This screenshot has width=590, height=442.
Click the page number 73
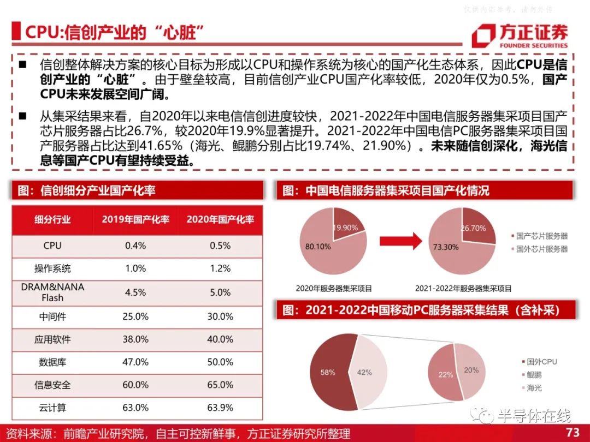coord(573,432)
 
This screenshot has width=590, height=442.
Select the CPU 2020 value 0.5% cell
coord(220,246)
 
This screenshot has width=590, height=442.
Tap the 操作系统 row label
coord(52,268)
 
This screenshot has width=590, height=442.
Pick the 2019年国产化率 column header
coord(135,219)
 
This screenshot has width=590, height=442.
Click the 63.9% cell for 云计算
coord(220,408)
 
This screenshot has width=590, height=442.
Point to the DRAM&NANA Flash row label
coord(52,292)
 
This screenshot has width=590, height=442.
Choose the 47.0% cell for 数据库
coord(135,362)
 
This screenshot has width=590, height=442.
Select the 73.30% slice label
coord(446,247)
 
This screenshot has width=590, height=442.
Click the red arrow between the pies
coord(401,241)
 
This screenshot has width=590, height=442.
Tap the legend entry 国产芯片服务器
coord(539,236)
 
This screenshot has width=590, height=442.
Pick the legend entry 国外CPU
coord(539,362)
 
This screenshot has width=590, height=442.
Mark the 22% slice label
coord(446,375)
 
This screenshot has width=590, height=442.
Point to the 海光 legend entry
coord(532,388)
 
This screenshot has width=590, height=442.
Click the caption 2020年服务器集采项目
coord(334,289)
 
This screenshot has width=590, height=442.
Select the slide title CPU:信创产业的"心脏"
coord(114,32)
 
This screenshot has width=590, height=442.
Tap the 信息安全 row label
coord(52,385)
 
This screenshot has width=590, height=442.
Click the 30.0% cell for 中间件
coord(220,317)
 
